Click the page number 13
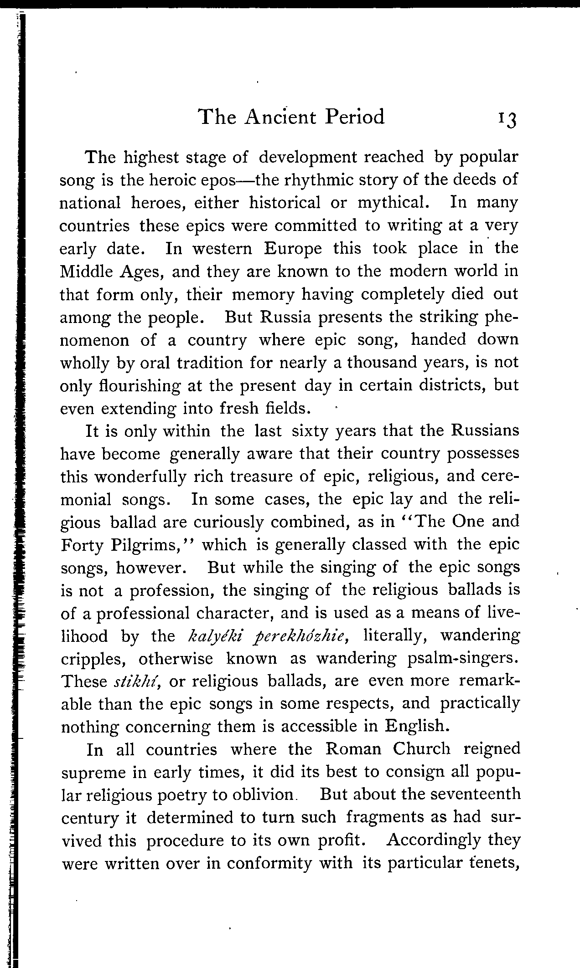tap(507, 119)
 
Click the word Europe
tap(293, 249)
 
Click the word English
tap(417, 726)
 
